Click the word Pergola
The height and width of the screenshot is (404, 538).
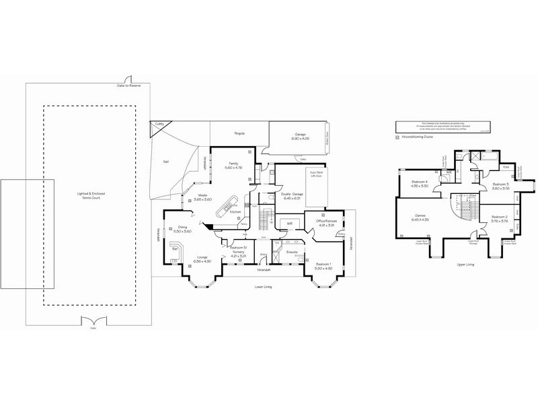tap(239, 134)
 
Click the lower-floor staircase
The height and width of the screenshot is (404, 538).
tap(264, 217)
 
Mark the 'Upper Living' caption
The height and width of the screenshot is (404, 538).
tap(465, 265)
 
